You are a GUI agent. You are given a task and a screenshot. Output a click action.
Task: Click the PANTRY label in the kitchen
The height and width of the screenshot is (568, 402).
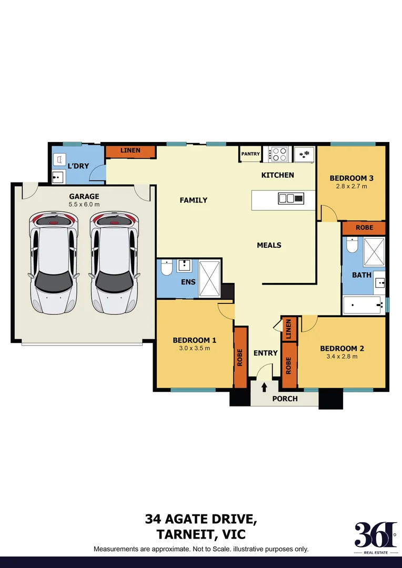[x=250, y=154]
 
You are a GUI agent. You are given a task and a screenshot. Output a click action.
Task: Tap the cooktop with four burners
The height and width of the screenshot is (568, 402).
[x=279, y=154]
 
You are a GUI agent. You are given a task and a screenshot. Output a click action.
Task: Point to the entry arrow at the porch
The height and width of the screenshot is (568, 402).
[x=264, y=387]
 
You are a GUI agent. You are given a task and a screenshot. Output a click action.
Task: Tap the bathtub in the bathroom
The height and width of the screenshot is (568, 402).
[x=363, y=305]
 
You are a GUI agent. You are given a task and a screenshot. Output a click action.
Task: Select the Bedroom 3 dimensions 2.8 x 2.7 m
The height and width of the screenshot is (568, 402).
[x=348, y=186]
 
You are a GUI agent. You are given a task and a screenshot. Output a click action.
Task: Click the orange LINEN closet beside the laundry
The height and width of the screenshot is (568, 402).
[x=130, y=151]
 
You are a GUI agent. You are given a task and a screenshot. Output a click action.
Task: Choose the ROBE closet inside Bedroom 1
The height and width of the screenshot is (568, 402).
[x=240, y=358]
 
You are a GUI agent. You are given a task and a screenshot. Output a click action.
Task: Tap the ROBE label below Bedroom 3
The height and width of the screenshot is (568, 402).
[x=364, y=228]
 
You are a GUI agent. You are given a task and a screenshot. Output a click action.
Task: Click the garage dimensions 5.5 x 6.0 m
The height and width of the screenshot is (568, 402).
[x=84, y=204]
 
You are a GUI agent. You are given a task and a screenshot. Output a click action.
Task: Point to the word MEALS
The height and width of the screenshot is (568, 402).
[x=269, y=245]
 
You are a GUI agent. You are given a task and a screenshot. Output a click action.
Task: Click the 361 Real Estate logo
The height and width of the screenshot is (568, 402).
[x=375, y=537]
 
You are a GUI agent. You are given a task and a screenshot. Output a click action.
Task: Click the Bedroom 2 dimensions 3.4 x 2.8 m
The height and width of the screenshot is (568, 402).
[x=341, y=357]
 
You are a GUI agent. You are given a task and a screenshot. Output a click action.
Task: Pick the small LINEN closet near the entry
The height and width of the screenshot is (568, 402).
[x=288, y=329]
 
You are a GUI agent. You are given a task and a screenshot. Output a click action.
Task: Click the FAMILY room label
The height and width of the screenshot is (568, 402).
[x=194, y=200]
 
